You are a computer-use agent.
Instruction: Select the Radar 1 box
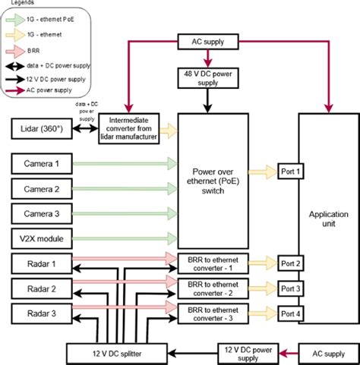43,264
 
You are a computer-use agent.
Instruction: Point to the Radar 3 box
43,313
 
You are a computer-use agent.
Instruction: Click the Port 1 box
290,171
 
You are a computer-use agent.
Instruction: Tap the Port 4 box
290,313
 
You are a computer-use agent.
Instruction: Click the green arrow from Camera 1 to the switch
126,162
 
